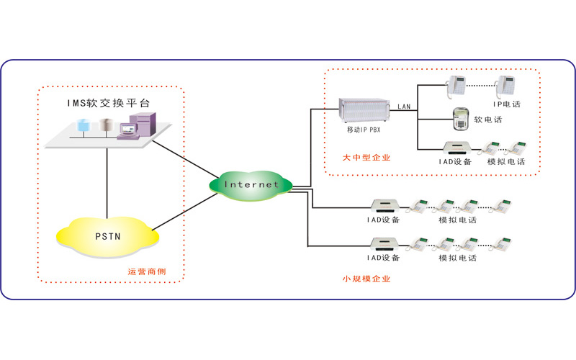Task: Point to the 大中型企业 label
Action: point(366,157)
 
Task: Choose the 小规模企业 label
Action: point(366,279)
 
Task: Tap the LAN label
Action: point(404,107)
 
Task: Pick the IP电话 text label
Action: point(507,104)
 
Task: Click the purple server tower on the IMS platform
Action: point(140,125)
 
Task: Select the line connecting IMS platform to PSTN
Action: point(107,180)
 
